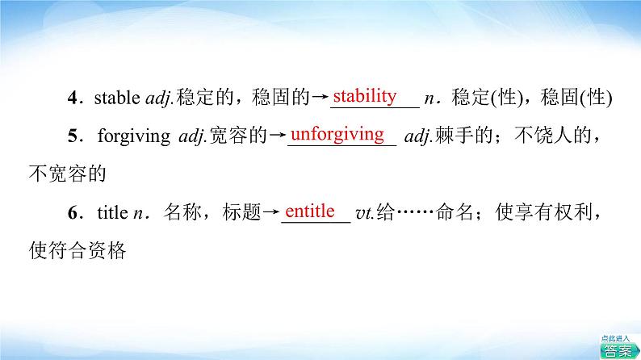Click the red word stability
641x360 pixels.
tap(365, 96)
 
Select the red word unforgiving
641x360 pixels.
tap(337, 135)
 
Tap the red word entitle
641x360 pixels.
tap(309, 211)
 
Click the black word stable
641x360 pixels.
tap(117, 98)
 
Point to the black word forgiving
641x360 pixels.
tap(134, 136)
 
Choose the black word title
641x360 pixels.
tap(112, 212)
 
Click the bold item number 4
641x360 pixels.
tap(73, 98)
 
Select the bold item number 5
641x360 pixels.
tap(73, 136)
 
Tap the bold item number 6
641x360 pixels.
tap(73, 213)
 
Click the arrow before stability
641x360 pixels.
tap(320, 97)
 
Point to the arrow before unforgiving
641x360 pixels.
tap(277, 136)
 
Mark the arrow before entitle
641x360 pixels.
tap(270, 212)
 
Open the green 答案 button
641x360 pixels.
tap(618, 350)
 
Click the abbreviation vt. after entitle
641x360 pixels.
tap(365, 213)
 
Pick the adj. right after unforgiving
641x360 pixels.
tap(418, 136)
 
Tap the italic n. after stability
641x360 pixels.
tap(432, 98)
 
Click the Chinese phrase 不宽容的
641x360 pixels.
tap(68, 174)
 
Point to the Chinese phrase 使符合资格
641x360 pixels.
tap(78, 250)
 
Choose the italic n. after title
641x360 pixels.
tap(141, 213)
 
